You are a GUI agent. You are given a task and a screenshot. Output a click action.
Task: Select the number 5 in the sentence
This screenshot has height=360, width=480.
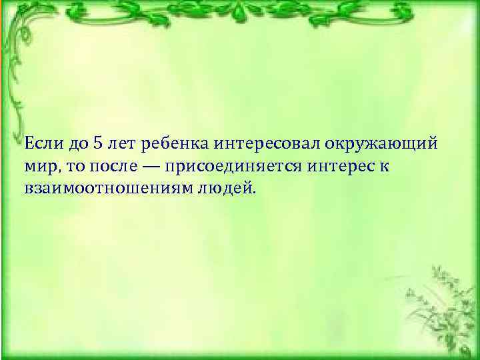(99, 143)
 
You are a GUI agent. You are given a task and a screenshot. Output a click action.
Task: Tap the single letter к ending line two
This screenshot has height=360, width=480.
(385, 166)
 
